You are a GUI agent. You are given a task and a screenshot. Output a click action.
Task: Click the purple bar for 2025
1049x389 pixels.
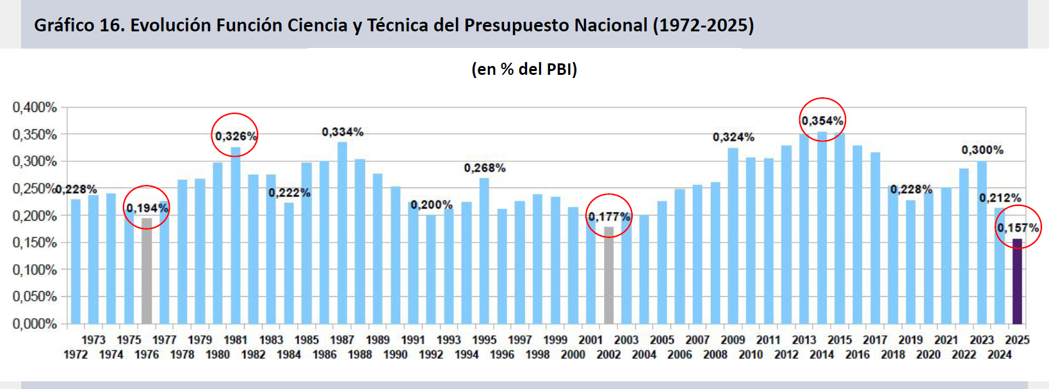pyautogui.click(x=1017, y=282)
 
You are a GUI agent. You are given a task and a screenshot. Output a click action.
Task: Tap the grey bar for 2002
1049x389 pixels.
pyautogui.click(x=608, y=275)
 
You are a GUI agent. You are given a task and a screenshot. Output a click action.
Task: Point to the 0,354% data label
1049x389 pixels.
pyautogui.click(x=822, y=120)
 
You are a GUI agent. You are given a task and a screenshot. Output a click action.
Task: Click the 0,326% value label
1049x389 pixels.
pyautogui.click(x=236, y=136)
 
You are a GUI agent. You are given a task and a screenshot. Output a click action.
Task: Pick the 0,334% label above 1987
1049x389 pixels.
pyautogui.click(x=343, y=132)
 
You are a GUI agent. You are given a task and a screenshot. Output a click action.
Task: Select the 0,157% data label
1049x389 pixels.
pyautogui.click(x=1018, y=228)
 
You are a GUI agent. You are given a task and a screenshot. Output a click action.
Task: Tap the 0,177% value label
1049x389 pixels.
pyautogui.click(x=609, y=218)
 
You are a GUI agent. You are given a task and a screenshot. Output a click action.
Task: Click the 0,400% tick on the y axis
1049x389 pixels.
pyautogui.click(x=35, y=107)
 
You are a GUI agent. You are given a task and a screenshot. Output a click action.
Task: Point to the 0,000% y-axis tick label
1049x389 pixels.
pyautogui.click(x=35, y=324)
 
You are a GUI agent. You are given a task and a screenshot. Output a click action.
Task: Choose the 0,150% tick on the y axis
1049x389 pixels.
pyautogui.click(x=35, y=242)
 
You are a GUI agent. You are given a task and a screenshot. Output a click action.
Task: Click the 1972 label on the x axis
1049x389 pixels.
pyautogui.click(x=76, y=354)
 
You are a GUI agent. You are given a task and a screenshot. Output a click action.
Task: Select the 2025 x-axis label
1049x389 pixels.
pyautogui.click(x=1017, y=340)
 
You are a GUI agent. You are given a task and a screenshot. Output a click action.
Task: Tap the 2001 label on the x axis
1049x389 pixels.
pyautogui.click(x=590, y=340)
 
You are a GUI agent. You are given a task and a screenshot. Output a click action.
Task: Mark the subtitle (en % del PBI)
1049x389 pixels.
pyautogui.click(x=524, y=69)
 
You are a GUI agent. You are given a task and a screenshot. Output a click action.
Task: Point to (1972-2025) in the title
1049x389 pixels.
pyautogui.click(x=703, y=26)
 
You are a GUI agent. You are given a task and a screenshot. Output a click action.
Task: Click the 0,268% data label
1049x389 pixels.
pyautogui.click(x=485, y=168)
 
